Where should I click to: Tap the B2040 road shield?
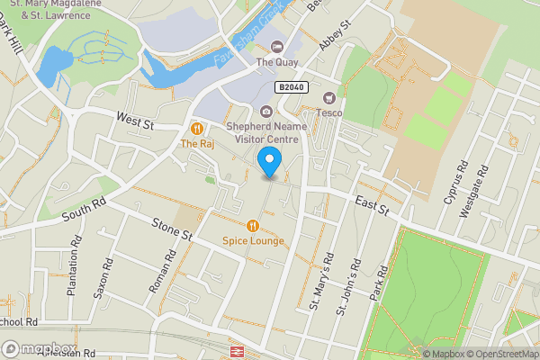[291, 86]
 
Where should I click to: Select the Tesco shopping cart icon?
[329, 97]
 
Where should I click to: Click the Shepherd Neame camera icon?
[265, 112]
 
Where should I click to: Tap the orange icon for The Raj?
[195, 129]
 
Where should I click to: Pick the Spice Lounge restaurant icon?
[252, 225]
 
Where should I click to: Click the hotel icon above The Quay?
[276, 47]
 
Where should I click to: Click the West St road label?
[135, 118]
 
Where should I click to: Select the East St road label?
[370, 208]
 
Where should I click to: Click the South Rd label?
[85, 211]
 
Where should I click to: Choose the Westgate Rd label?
[474, 191]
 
